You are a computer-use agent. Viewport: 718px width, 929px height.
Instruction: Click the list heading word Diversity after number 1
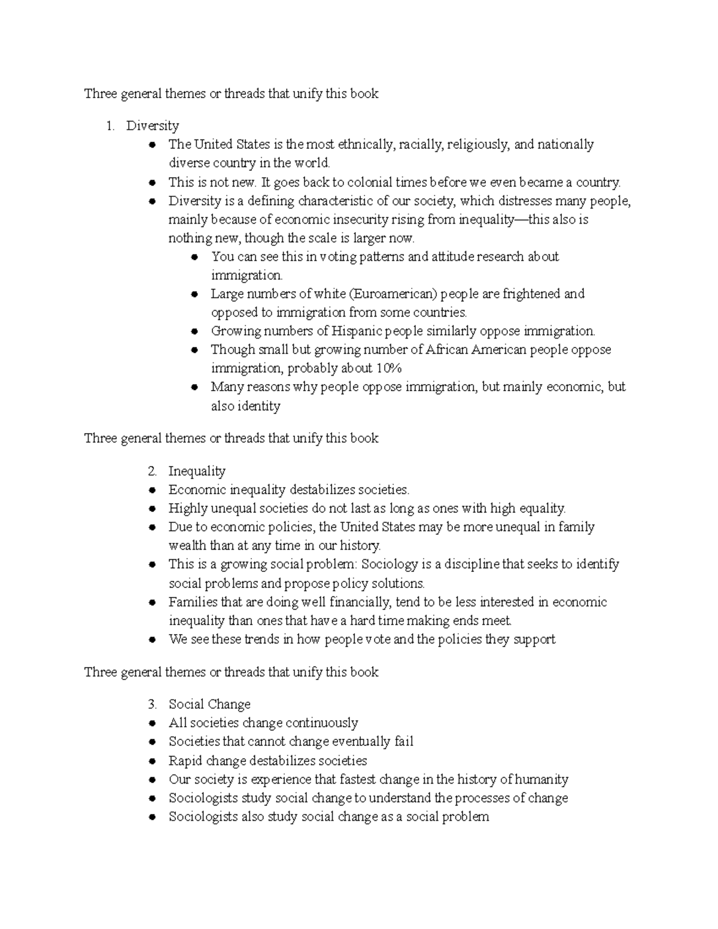click(153, 126)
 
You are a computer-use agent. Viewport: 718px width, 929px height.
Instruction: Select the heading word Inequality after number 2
click(197, 471)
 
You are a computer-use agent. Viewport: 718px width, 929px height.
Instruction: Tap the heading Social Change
click(209, 704)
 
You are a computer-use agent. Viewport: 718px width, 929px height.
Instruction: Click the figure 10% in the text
click(389, 368)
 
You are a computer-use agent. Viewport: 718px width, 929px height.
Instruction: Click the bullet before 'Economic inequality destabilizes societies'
click(154, 491)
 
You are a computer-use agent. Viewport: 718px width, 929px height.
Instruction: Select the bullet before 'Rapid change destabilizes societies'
click(154, 762)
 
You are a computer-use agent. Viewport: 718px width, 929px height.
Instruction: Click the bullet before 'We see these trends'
click(154, 640)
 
